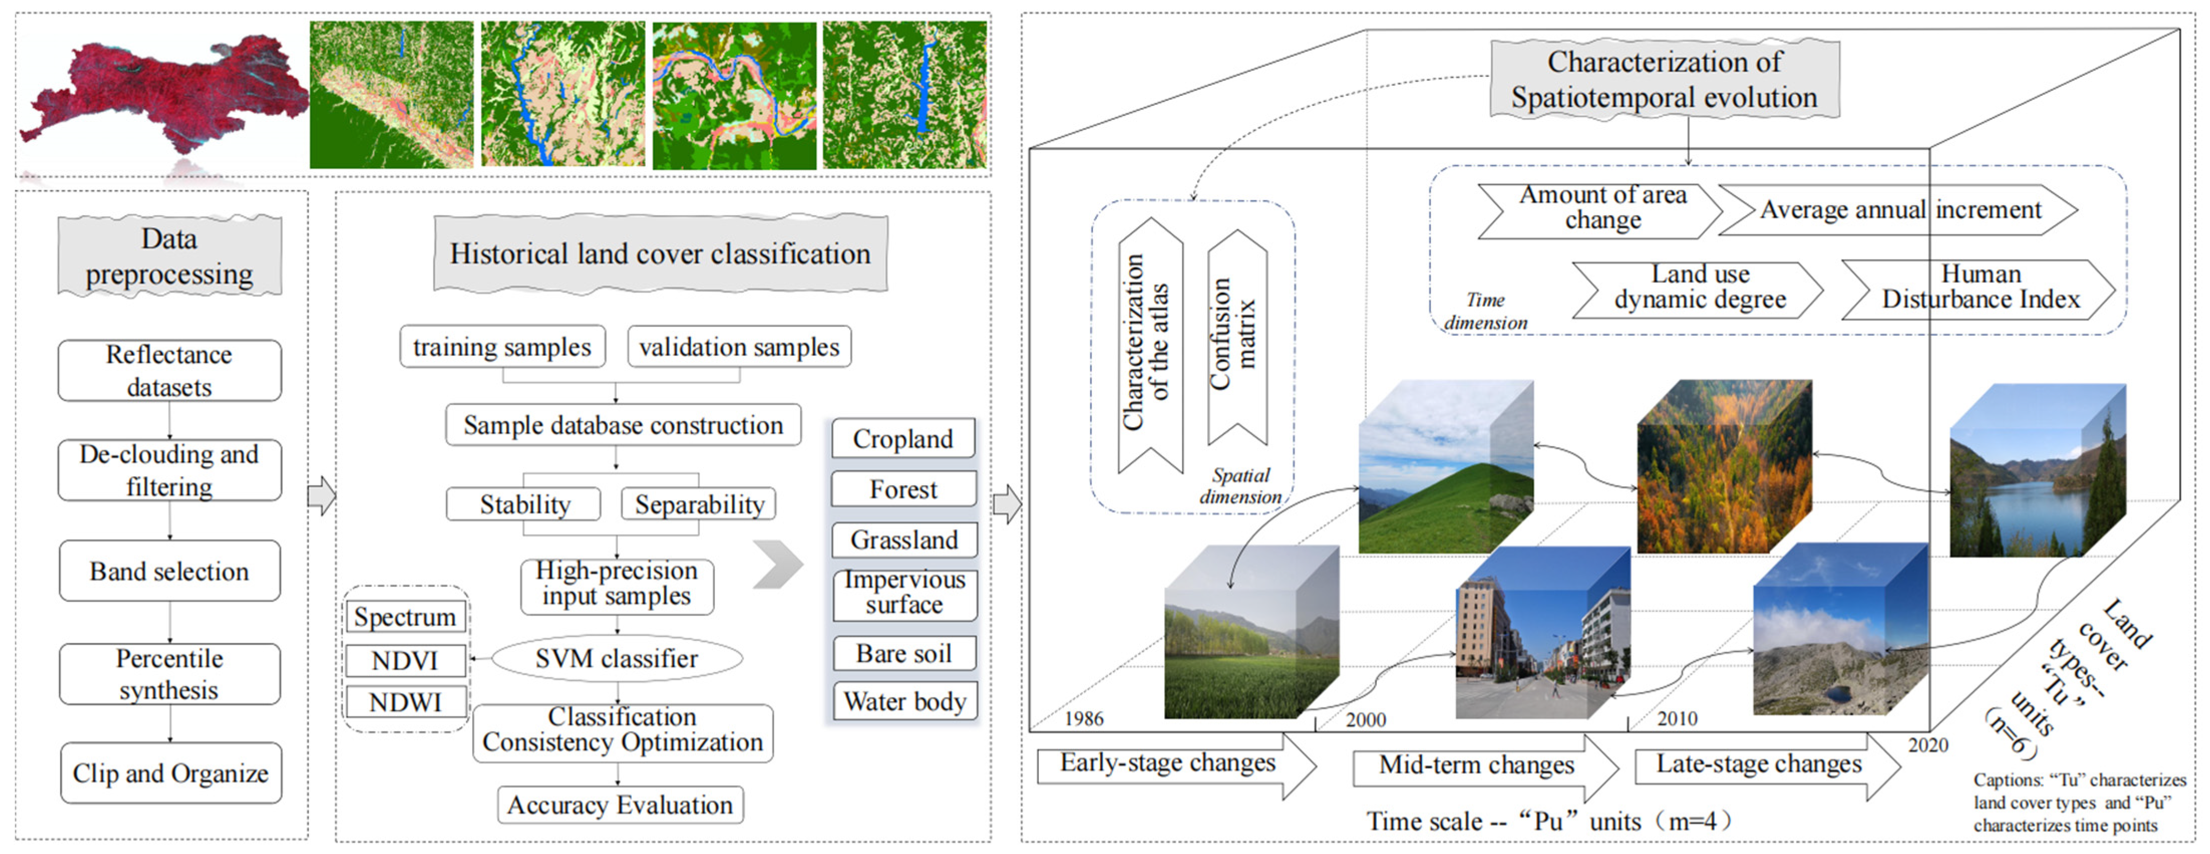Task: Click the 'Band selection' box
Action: pos(169,571)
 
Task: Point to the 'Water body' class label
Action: pos(904,701)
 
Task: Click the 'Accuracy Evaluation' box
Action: pos(619,805)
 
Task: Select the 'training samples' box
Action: pos(502,347)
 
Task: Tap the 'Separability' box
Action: pos(698,505)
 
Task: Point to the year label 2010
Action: pos(1677,719)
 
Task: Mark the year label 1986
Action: pos(1083,719)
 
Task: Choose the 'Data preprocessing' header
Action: pos(169,256)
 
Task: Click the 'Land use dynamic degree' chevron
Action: pos(1699,289)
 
